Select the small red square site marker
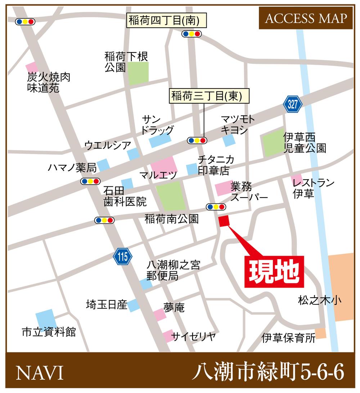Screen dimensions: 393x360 224,221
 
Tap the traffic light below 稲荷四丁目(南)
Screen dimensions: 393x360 192,34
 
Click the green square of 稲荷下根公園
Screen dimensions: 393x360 138,73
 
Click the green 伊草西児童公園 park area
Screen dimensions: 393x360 273,144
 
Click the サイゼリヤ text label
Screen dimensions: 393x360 193,336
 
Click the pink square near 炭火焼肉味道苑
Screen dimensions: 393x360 32,67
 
